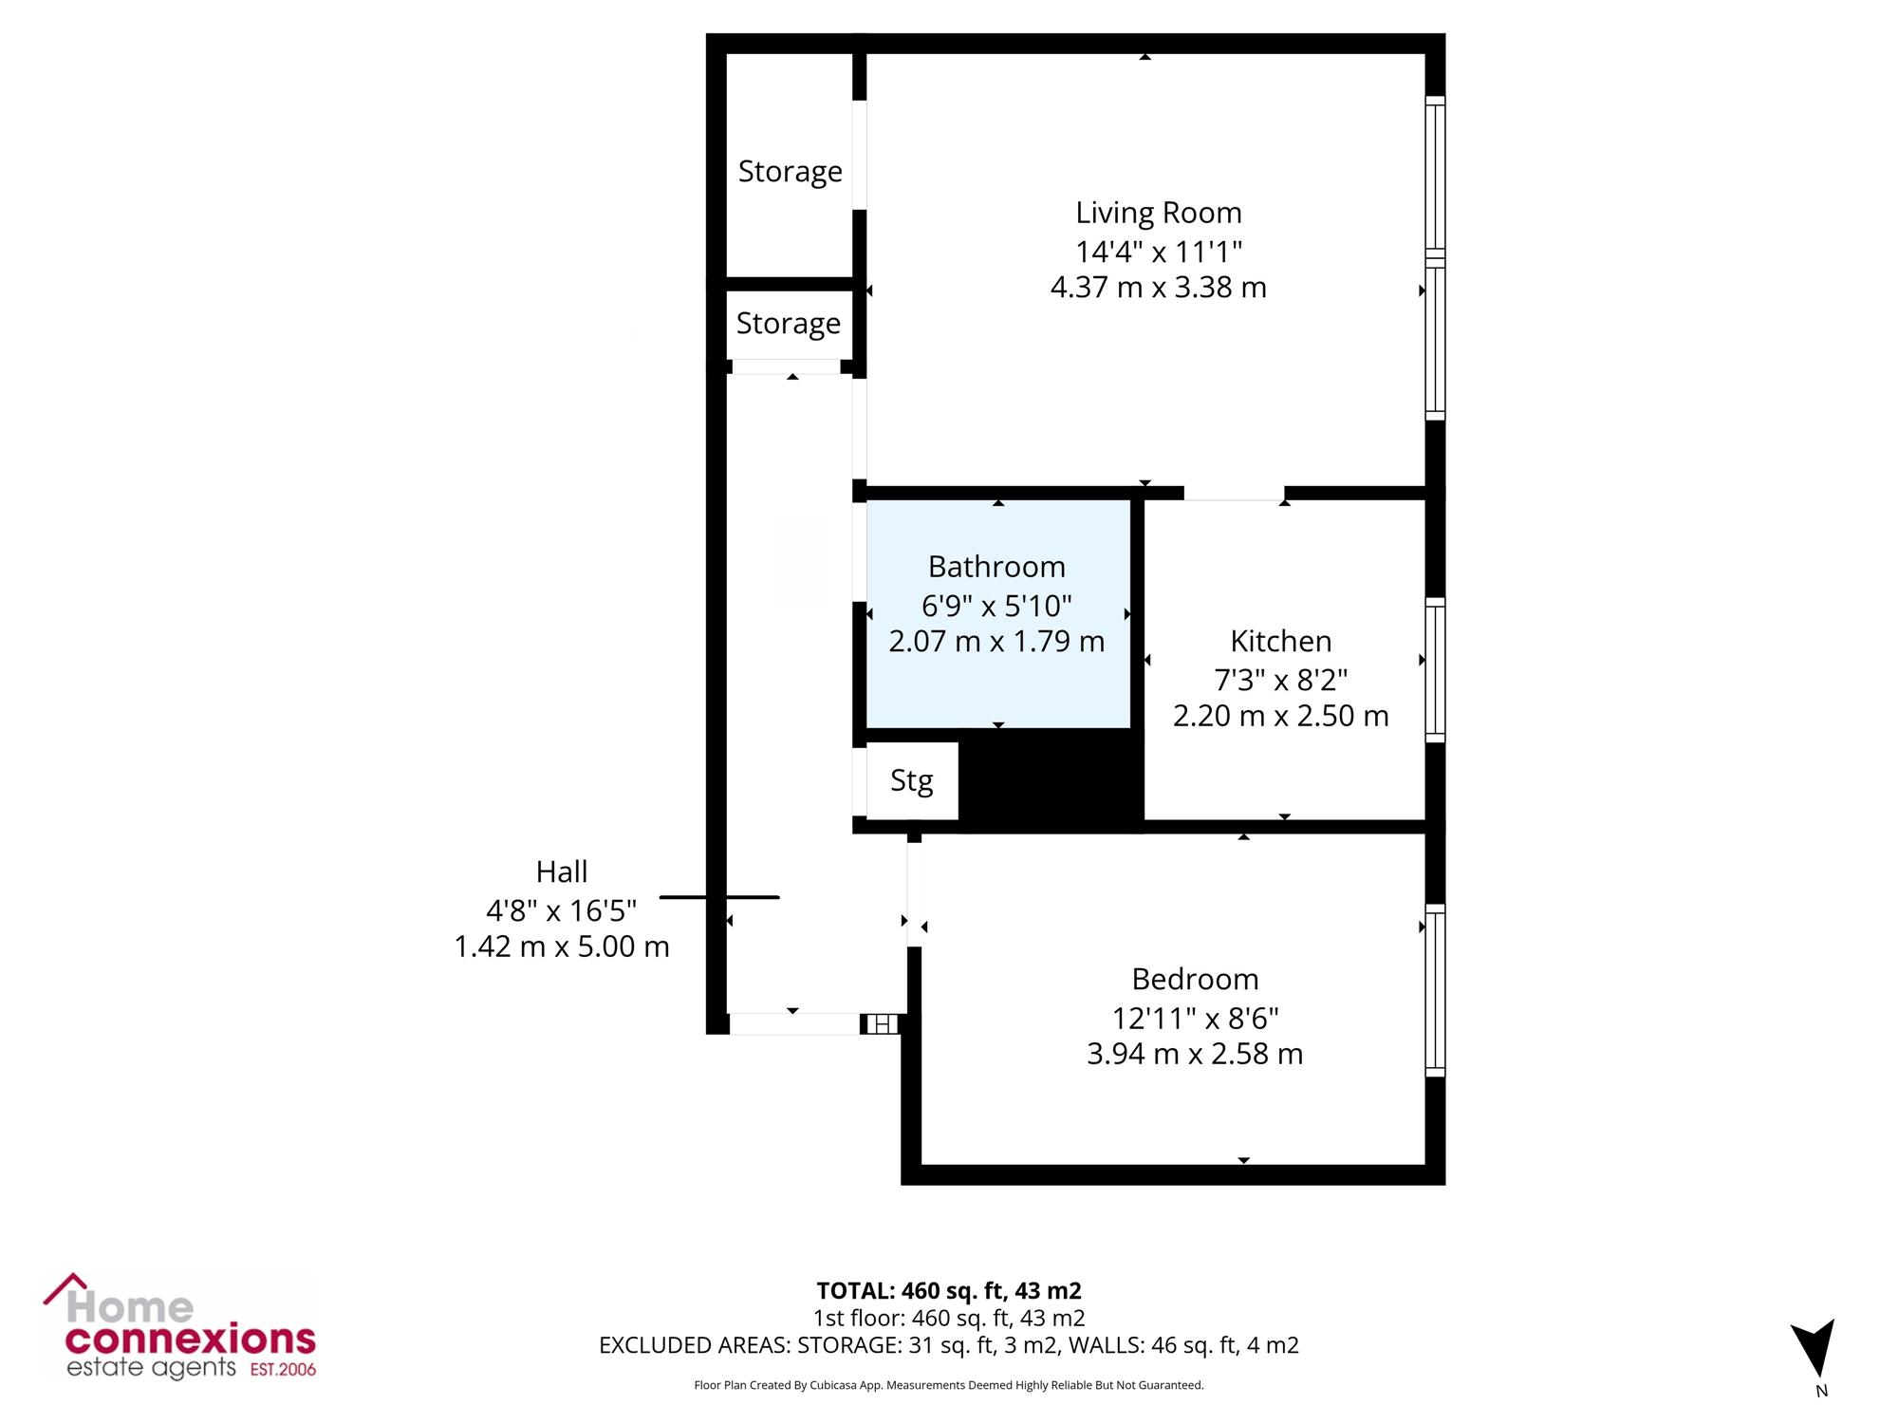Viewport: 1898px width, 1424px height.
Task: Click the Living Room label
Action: click(x=1158, y=213)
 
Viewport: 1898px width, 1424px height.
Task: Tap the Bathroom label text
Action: click(x=996, y=567)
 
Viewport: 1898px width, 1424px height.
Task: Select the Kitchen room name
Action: click(x=1281, y=642)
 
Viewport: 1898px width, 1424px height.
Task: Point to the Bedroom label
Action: click(x=1195, y=979)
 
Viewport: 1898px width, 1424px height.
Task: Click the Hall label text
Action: click(x=562, y=871)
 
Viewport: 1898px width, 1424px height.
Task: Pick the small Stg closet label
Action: click(x=912, y=781)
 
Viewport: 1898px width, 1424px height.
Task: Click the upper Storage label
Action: click(x=791, y=172)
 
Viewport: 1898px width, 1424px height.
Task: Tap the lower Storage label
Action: click(x=789, y=324)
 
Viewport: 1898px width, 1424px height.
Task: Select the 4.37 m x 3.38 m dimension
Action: click(x=1159, y=287)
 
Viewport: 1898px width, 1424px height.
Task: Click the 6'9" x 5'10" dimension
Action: click(x=996, y=605)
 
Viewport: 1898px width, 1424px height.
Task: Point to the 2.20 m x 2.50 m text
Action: click(x=1281, y=716)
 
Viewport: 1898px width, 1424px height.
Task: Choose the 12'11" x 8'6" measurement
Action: click(x=1196, y=1018)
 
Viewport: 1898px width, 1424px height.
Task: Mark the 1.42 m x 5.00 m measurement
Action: click(x=562, y=946)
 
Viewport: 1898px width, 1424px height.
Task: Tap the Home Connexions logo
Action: click(x=180, y=1326)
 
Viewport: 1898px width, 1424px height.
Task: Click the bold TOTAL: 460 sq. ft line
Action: click(x=949, y=1291)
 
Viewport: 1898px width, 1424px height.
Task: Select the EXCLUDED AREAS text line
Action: click(x=949, y=1345)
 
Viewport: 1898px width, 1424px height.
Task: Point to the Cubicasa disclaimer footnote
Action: click(x=949, y=1386)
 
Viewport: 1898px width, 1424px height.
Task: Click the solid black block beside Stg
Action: click(x=1051, y=781)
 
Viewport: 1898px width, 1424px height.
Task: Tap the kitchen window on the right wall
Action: click(x=1435, y=670)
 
